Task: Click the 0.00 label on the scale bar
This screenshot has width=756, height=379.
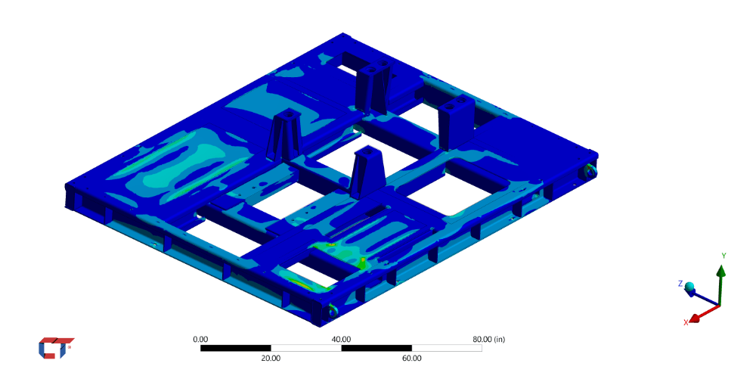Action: click(x=200, y=340)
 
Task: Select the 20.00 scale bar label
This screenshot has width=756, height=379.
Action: click(x=271, y=359)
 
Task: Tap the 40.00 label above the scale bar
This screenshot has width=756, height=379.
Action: click(x=341, y=340)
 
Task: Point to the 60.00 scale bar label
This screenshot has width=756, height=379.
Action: click(x=412, y=359)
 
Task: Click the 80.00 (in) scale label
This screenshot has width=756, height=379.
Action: click(x=489, y=340)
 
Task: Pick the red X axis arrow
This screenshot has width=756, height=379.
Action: click(x=704, y=313)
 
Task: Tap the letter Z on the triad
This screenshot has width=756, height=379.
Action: click(x=680, y=284)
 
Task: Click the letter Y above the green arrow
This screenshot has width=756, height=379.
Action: click(x=723, y=256)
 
